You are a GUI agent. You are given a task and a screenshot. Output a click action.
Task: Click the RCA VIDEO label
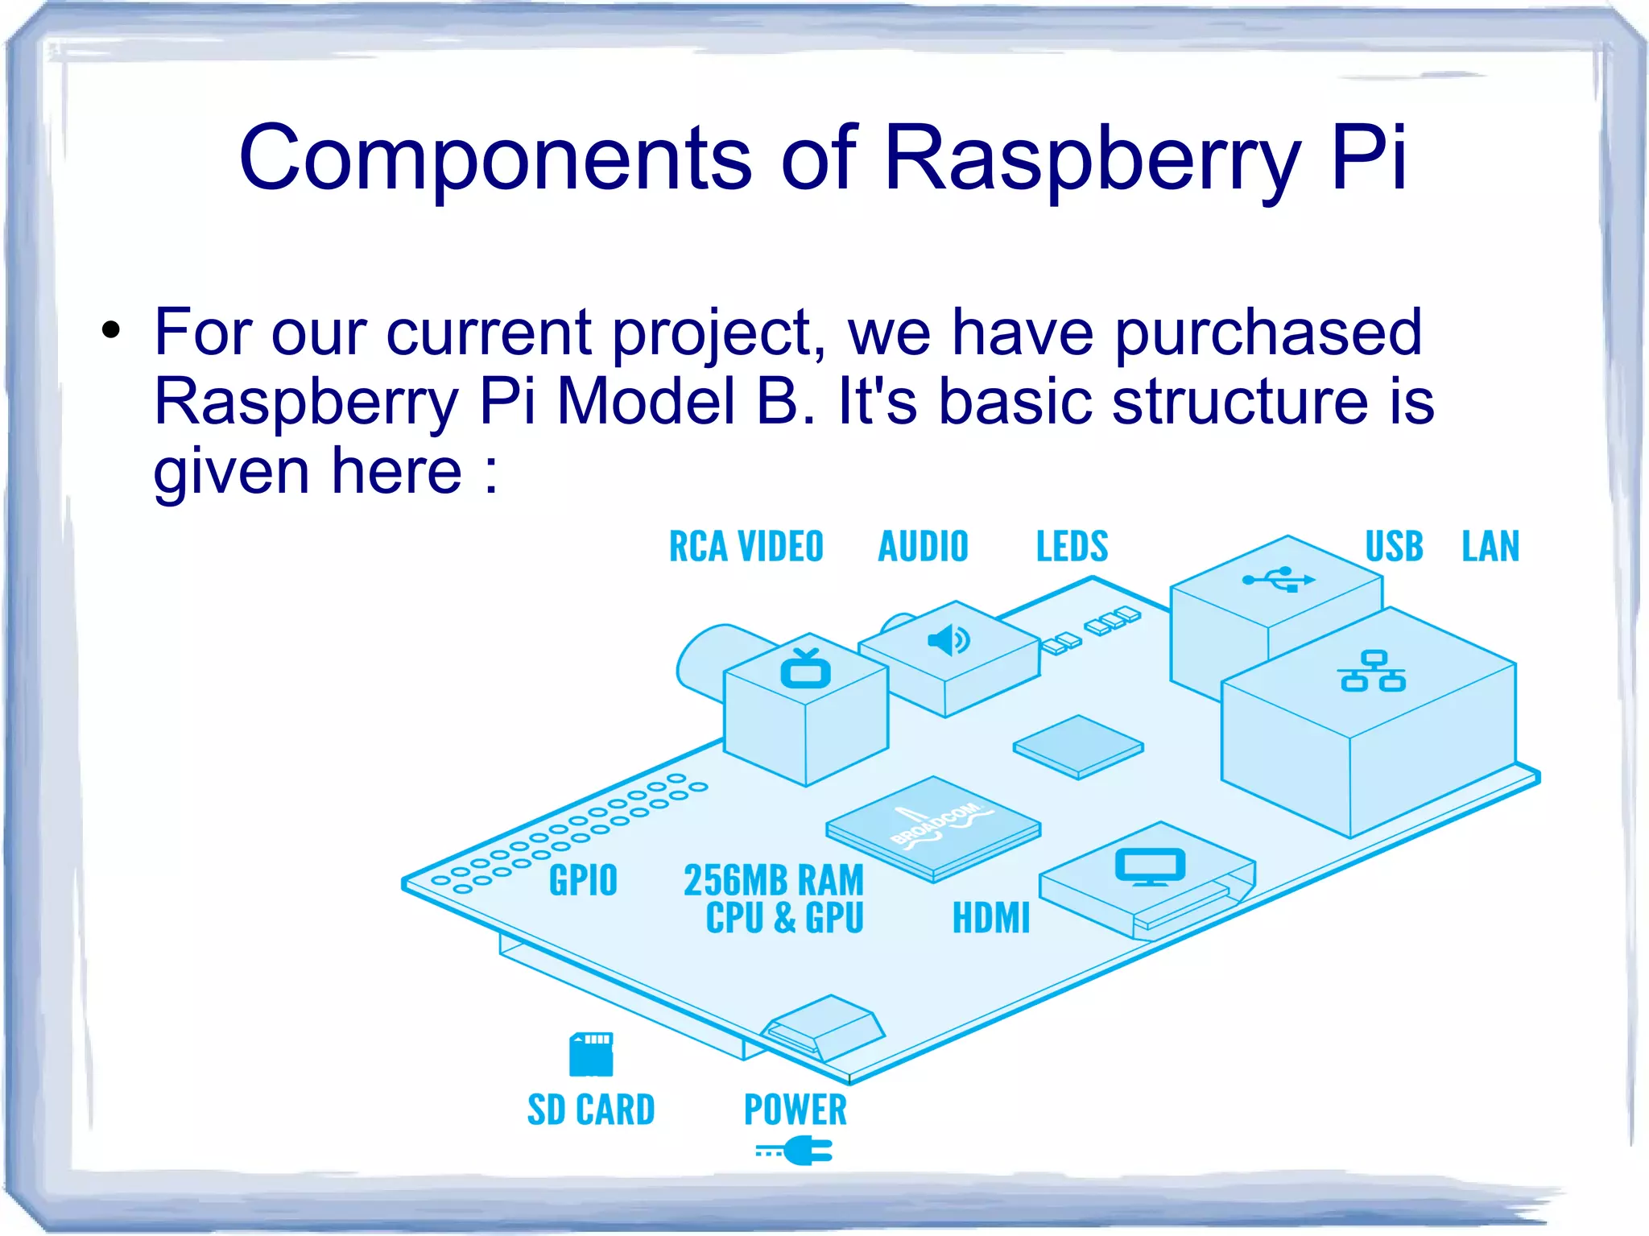[x=746, y=547]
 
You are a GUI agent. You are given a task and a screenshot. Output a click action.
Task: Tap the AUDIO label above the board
[x=923, y=547]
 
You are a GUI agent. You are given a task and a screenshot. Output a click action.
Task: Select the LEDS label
[x=1072, y=547]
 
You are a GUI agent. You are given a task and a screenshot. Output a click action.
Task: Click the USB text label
[x=1394, y=547]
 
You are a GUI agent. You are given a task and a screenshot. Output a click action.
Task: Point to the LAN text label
[x=1490, y=547]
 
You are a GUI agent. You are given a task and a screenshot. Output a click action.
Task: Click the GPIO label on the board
[x=583, y=880]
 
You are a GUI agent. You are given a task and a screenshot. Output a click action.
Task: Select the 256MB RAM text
[x=773, y=880]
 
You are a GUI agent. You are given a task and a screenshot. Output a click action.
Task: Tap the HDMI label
[x=990, y=918]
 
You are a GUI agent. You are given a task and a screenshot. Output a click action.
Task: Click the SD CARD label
[x=591, y=1110]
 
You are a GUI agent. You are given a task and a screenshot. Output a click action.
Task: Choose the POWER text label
[x=795, y=1110]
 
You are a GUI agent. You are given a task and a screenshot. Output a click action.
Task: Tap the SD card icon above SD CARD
[x=591, y=1054]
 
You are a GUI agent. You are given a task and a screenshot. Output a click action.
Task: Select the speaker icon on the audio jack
[x=948, y=640]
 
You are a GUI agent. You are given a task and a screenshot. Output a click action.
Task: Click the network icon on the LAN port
[x=1373, y=672]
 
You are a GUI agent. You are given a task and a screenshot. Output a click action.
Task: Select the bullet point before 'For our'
[x=111, y=329]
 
